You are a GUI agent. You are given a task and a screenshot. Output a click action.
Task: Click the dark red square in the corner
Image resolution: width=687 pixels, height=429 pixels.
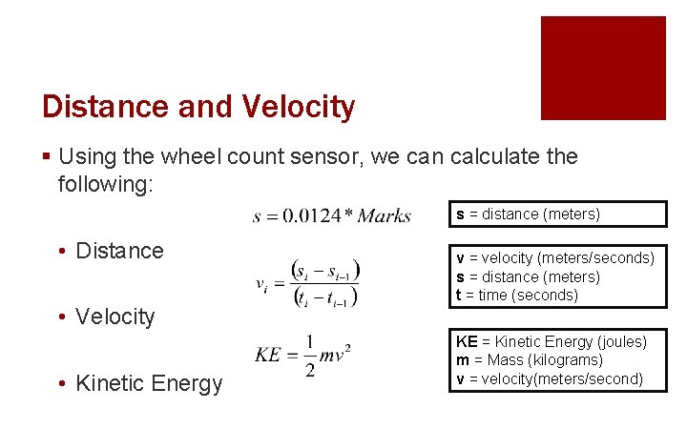[x=603, y=68]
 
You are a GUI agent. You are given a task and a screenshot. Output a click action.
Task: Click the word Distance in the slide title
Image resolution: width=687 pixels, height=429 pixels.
[x=105, y=106]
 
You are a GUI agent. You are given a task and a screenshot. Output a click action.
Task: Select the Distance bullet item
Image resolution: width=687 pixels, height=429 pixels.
[x=119, y=251]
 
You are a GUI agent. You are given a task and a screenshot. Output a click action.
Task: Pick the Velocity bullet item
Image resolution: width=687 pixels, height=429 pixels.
[x=114, y=317]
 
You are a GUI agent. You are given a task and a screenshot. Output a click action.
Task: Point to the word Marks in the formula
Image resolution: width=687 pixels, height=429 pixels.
[x=384, y=216]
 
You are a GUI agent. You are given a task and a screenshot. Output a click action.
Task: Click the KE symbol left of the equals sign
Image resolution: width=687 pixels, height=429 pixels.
[x=268, y=356]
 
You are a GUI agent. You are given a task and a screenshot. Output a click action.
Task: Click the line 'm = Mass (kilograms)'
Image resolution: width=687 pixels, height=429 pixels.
[x=530, y=360]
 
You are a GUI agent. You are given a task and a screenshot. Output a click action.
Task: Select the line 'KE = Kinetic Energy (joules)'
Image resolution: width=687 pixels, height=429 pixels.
[x=552, y=341]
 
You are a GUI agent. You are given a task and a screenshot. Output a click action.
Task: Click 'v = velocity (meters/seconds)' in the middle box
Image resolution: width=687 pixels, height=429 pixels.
[x=555, y=257]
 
